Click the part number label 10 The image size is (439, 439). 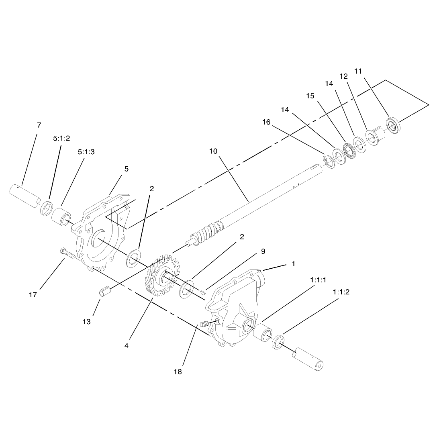[213, 151]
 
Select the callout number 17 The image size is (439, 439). [33, 295]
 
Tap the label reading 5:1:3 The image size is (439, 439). [86, 152]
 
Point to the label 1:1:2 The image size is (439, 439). [341, 292]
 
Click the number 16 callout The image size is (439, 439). [266, 122]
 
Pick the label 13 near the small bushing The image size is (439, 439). [86, 322]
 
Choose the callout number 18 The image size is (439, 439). [178, 372]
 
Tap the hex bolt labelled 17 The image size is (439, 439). [67, 253]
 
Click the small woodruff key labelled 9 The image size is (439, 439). [204, 292]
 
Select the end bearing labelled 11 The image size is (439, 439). [393, 126]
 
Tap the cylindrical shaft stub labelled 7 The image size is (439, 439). [25, 196]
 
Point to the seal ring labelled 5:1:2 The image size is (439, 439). [47, 208]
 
